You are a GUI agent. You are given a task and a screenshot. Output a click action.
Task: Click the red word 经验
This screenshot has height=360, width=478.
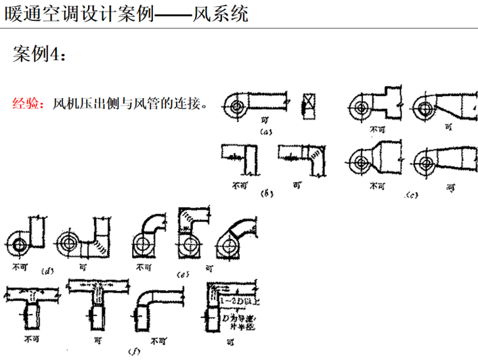[x=28, y=103]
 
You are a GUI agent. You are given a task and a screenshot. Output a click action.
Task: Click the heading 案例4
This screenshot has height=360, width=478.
[x=38, y=55]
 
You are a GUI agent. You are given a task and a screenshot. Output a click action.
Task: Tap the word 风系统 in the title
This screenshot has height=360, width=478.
[x=223, y=13]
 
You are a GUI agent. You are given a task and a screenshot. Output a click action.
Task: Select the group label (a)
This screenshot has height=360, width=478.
[x=266, y=132]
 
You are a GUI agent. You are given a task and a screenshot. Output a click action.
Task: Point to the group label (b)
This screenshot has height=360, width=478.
[x=266, y=195]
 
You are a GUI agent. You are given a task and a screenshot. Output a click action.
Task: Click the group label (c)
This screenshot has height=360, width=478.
[x=412, y=196]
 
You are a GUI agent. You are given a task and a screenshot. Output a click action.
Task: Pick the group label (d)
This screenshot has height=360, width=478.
[x=47, y=272]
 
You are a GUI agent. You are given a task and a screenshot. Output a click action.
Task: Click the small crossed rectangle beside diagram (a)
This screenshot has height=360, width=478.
[x=308, y=103]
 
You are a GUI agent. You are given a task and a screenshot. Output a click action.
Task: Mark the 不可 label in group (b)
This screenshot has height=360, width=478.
[x=240, y=186]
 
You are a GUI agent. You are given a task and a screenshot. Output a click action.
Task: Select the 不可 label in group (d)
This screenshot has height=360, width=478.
[x=21, y=266]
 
